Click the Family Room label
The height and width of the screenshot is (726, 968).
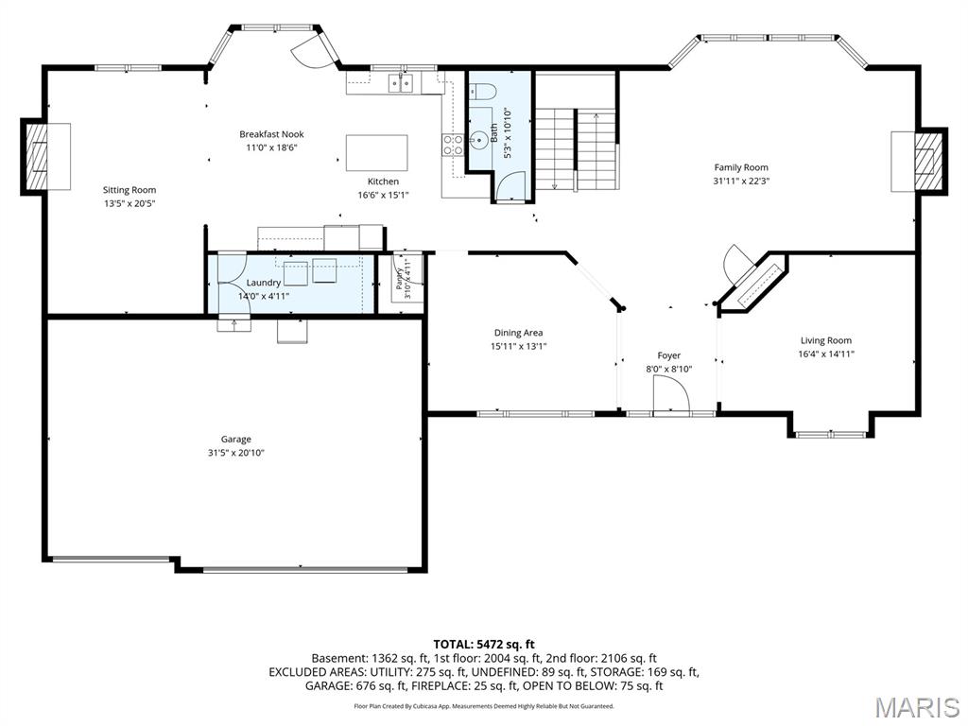(x=741, y=167)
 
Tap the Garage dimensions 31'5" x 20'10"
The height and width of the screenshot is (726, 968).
(x=236, y=453)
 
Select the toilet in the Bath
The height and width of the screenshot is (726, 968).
(x=483, y=92)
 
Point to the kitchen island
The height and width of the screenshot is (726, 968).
(x=376, y=152)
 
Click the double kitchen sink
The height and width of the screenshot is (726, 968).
(x=400, y=83)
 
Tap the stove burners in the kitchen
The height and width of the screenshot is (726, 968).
(x=453, y=145)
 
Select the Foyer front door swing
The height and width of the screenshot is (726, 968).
(x=671, y=393)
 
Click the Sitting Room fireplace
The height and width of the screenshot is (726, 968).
(x=46, y=156)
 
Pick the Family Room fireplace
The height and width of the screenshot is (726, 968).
(x=919, y=161)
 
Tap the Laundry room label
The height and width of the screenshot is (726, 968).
(x=264, y=282)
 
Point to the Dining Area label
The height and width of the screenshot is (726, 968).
(x=519, y=333)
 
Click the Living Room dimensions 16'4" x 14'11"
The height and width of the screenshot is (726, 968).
(x=826, y=354)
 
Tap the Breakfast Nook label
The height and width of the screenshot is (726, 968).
(x=271, y=134)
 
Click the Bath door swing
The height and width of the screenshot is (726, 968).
(x=511, y=185)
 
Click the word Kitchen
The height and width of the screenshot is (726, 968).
(x=384, y=181)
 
